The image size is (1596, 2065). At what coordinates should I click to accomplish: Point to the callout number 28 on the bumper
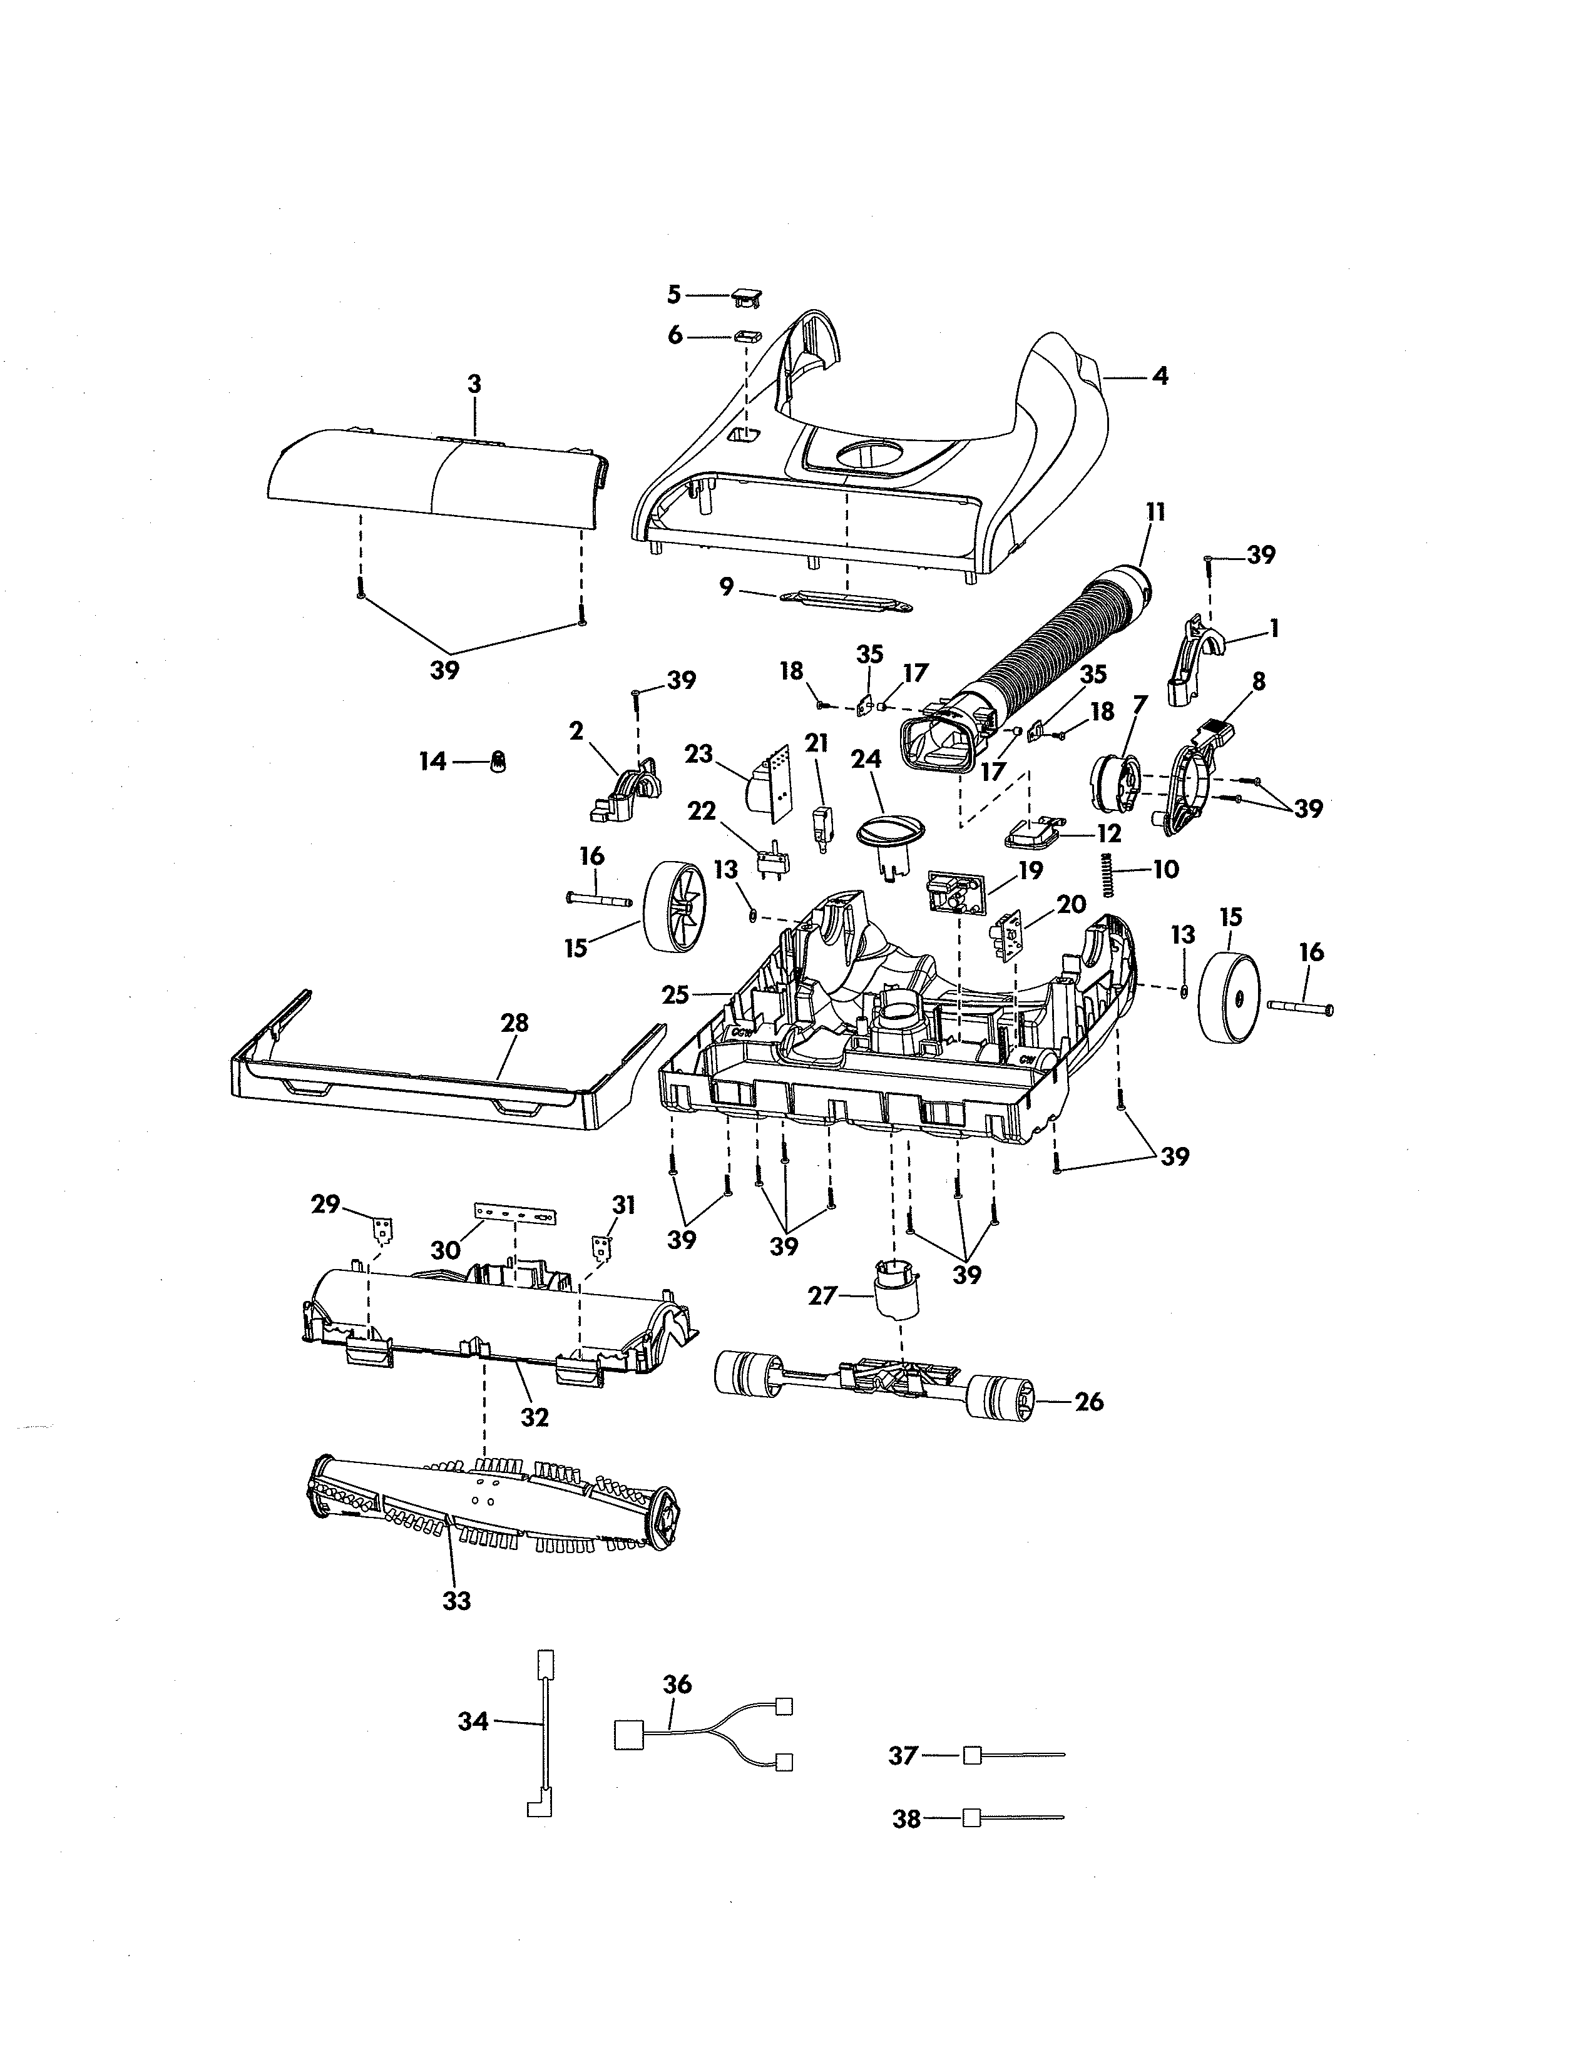(x=515, y=1023)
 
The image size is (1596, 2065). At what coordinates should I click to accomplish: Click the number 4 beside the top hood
(x=1159, y=376)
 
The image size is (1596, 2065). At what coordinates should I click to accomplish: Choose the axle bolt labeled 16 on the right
(x=1300, y=1010)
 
